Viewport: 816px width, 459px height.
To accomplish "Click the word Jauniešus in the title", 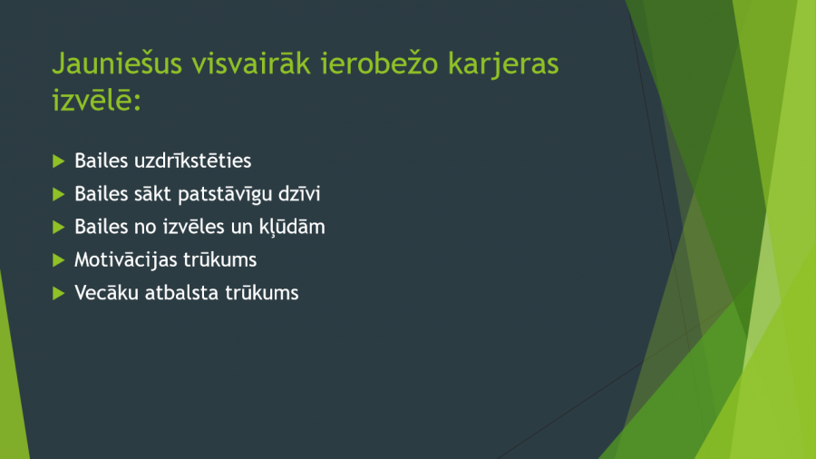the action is (x=118, y=64).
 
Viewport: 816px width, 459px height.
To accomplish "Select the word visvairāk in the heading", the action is (x=251, y=63).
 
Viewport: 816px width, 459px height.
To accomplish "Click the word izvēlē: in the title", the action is (x=97, y=99).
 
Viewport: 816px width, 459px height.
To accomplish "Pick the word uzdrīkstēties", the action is (x=192, y=161).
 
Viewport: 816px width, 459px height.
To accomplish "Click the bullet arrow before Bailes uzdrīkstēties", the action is (x=59, y=161).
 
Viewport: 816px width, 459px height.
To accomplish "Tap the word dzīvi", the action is (x=299, y=193).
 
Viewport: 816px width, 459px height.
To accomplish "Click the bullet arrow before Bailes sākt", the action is (x=59, y=194).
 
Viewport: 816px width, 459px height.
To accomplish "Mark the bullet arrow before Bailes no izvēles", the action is (x=59, y=227).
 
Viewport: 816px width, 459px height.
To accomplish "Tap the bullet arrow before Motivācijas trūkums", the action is (x=59, y=259).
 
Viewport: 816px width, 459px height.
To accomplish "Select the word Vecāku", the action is (x=107, y=293).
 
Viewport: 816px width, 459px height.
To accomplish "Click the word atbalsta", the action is (x=181, y=293).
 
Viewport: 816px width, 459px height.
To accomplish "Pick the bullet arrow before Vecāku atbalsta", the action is (x=59, y=293).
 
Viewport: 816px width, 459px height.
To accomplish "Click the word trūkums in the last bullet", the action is (x=262, y=293).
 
